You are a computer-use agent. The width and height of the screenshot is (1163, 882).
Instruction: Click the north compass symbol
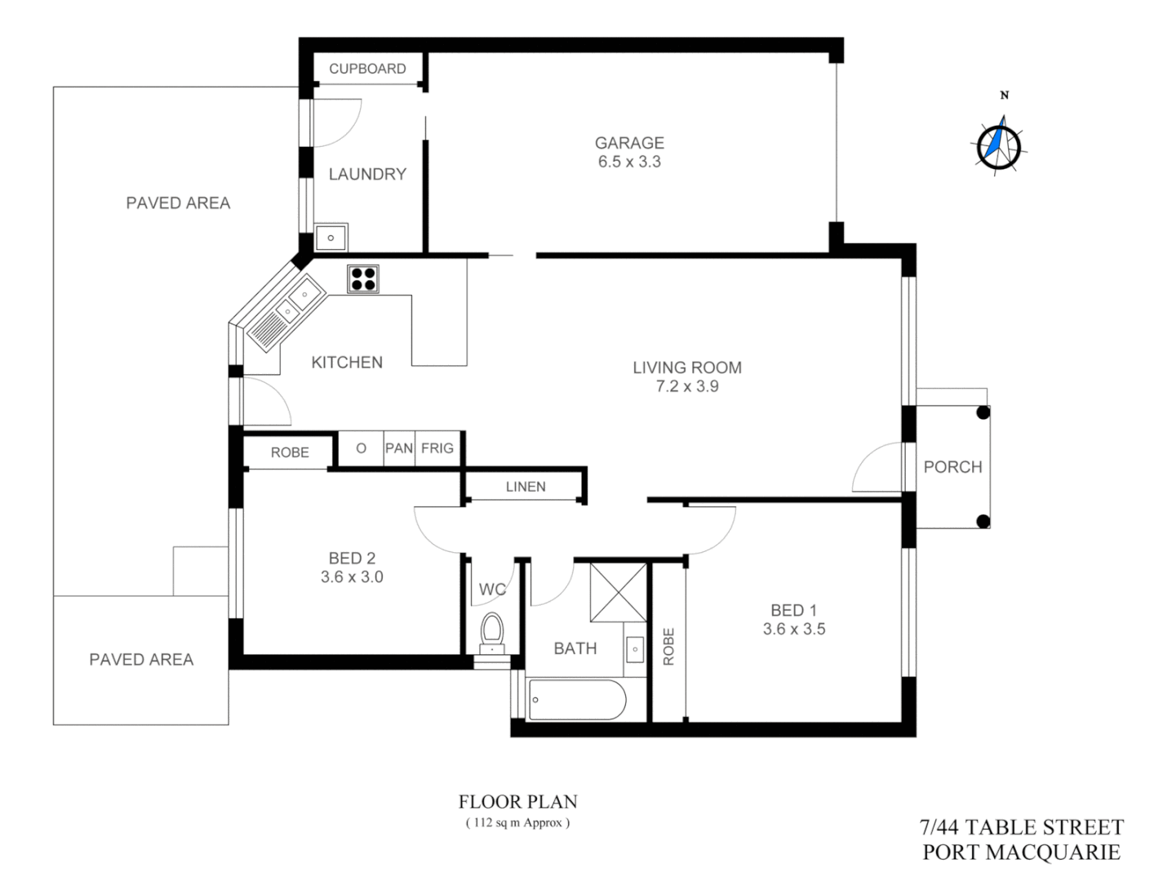click(x=998, y=145)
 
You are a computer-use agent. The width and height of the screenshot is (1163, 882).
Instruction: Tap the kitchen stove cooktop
click(x=363, y=278)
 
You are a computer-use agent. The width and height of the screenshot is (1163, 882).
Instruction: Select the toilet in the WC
click(x=492, y=632)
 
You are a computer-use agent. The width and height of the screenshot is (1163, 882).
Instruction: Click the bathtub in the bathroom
click(x=577, y=700)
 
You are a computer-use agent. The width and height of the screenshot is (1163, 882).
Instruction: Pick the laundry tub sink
click(x=331, y=238)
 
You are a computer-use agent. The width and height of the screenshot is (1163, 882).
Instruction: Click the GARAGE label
click(x=629, y=143)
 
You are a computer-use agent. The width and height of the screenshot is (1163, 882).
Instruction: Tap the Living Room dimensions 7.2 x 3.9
click(x=687, y=386)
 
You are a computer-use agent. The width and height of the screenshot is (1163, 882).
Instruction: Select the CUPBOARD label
click(x=367, y=69)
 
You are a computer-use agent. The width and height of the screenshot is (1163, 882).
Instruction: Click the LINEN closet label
click(x=526, y=487)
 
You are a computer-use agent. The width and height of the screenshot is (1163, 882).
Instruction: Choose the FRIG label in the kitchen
click(x=437, y=448)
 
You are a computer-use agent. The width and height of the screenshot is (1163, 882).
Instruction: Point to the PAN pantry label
click(x=399, y=448)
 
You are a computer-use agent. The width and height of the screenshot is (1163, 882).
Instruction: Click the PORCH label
click(x=952, y=467)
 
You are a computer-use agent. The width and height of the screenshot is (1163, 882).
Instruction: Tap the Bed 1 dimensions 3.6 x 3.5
click(x=794, y=629)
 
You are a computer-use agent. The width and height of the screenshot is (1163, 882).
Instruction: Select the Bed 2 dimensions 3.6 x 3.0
click(x=352, y=577)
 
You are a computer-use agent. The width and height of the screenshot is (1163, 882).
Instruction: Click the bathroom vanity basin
click(x=635, y=649)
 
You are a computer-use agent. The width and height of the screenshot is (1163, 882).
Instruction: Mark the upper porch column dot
click(x=983, y=412)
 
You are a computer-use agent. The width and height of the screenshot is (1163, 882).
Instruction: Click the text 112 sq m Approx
click(x=517, y=822)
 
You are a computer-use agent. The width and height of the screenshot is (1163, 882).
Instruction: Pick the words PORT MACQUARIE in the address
click(x=1021, y=852)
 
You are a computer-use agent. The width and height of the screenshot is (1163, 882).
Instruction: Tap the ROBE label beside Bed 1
click(x=668, y=646)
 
